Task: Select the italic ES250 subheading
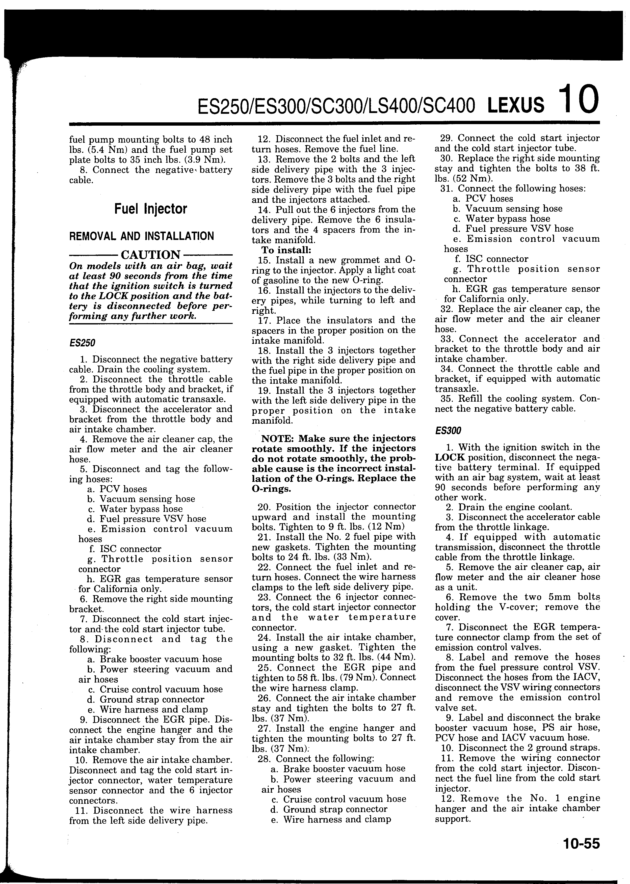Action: [82, 343]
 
